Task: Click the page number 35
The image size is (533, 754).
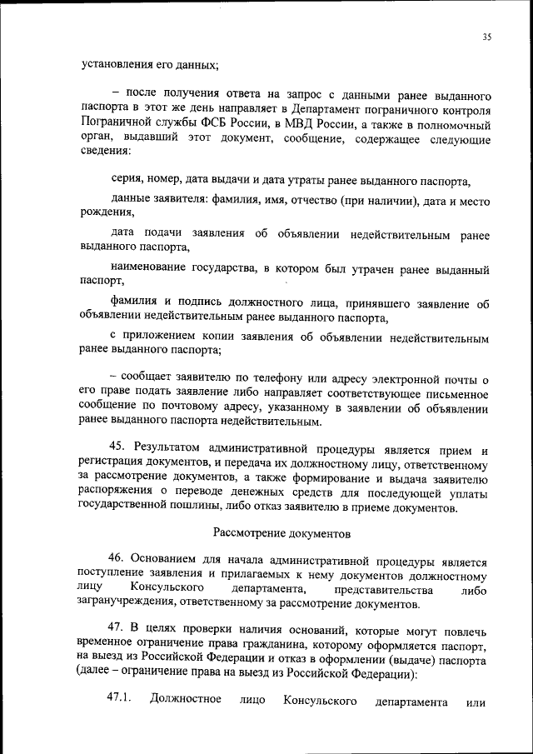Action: coord(487,37)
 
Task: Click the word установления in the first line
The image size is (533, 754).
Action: coord(118,64)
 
